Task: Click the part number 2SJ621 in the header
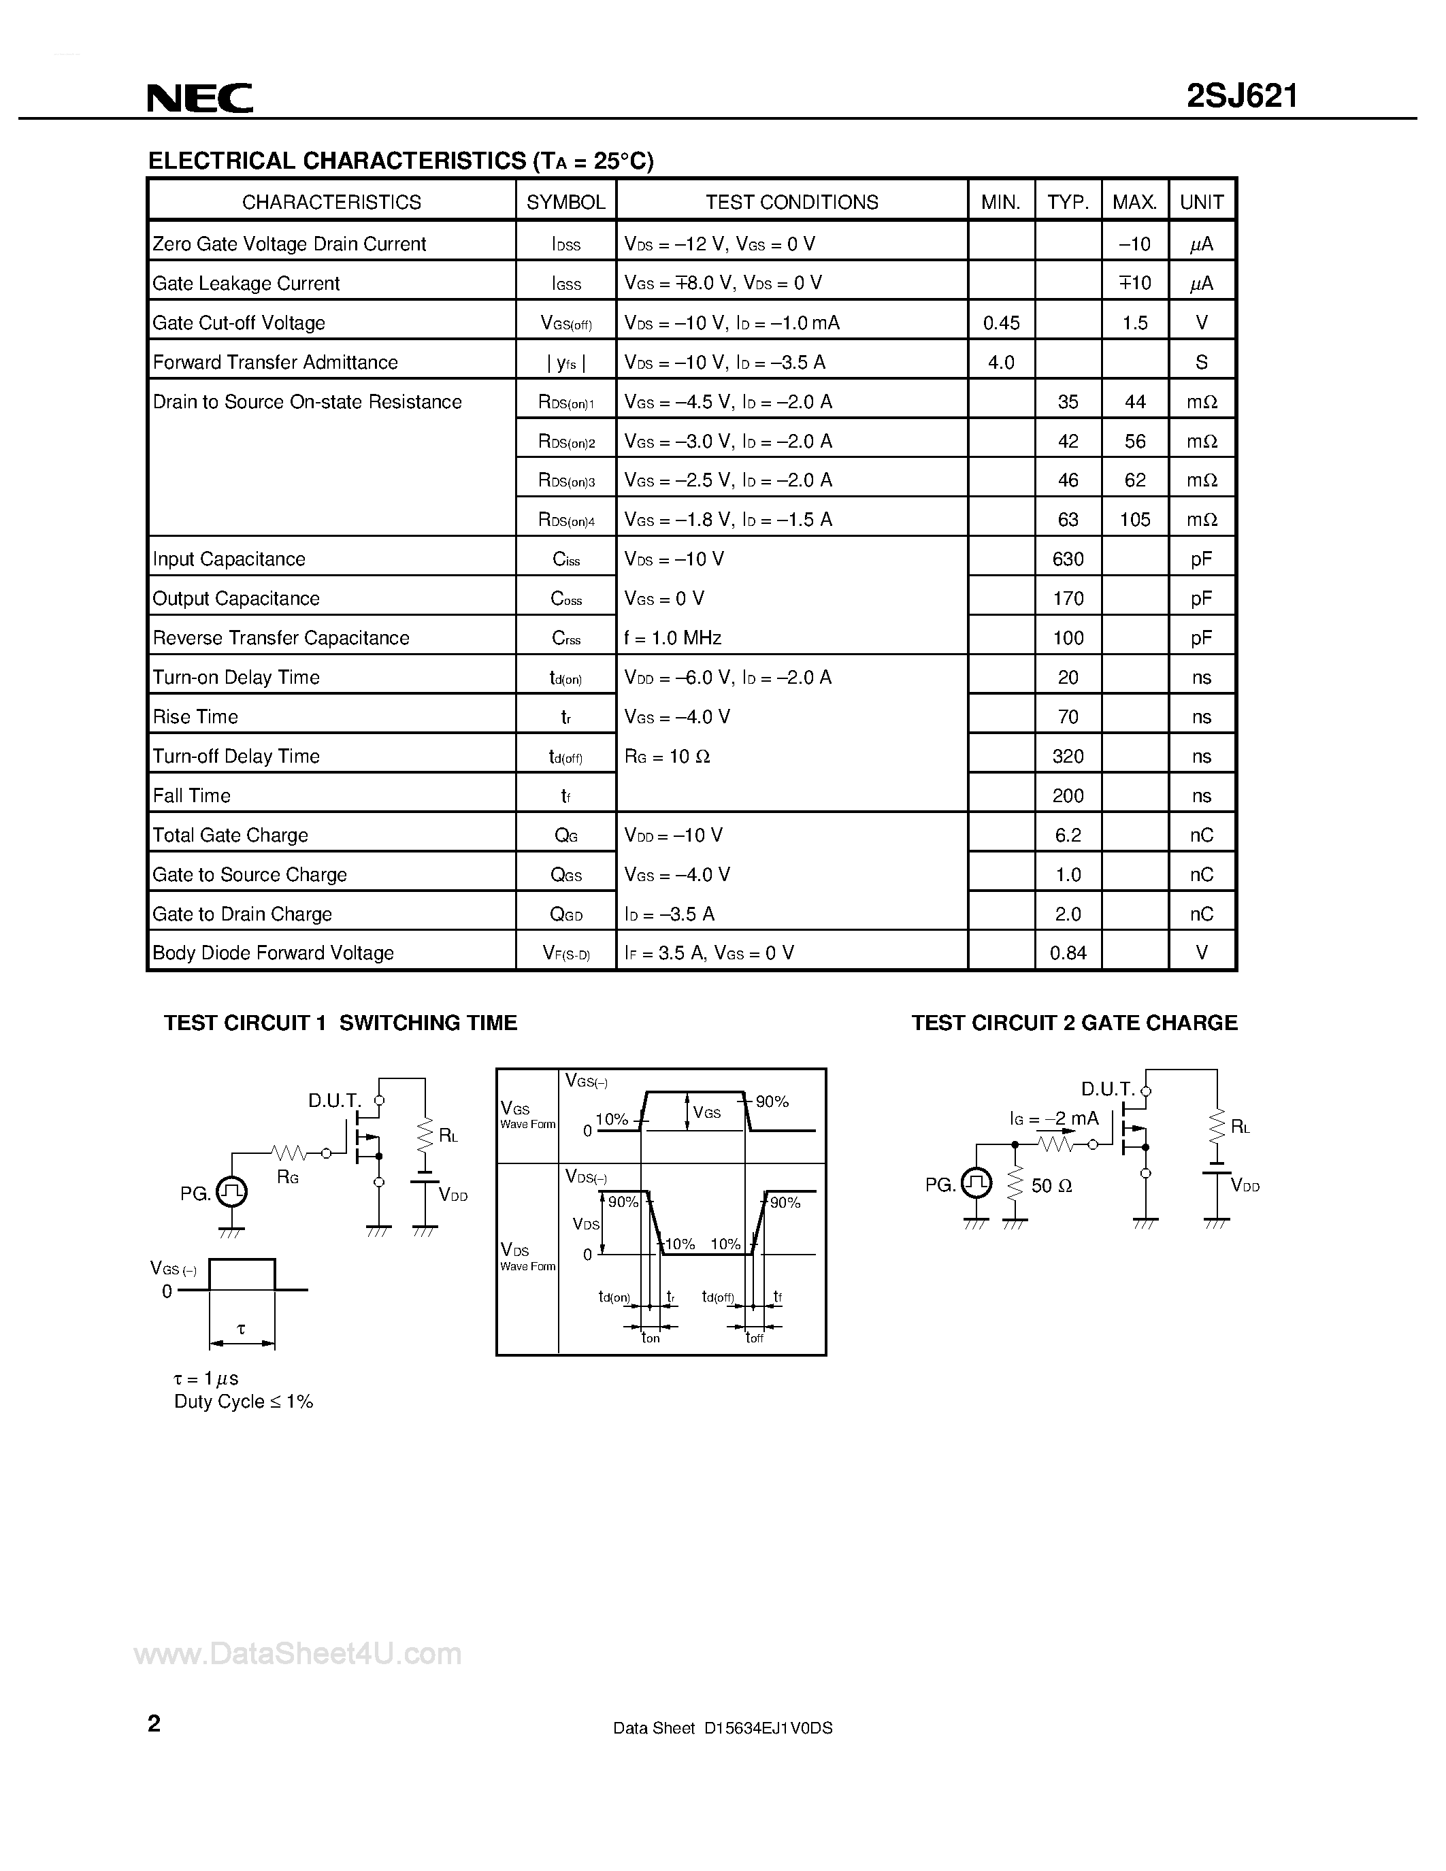1241,96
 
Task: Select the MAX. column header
1134,202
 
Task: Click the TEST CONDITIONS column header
791,202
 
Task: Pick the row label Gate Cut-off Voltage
239,323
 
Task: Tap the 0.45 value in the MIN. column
1000,323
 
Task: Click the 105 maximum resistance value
1134,519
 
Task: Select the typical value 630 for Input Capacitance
1068,559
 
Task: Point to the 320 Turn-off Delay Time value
1068,757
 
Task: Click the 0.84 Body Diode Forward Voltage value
1068,953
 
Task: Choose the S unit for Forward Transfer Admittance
1201,363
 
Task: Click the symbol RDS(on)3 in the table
566,480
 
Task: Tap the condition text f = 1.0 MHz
672,638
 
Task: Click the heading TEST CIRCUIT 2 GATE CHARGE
1074,1023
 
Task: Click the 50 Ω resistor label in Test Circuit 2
1051,1186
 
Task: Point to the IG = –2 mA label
1053,1119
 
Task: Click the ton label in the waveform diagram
651,1338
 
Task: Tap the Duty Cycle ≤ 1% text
244,1402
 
